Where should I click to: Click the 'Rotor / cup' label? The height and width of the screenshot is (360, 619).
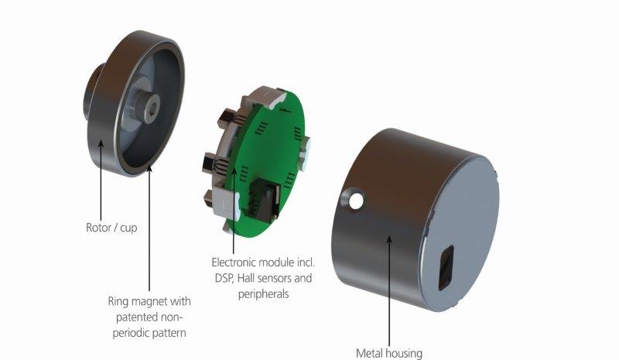tap(111, 228)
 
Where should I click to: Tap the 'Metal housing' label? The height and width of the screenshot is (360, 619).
tap(389, 352)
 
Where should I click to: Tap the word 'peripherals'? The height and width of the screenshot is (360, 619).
tap(263, 294)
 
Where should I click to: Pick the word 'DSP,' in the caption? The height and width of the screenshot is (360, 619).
tap(224, 278)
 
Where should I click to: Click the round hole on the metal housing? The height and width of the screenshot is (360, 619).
tap(356, 201)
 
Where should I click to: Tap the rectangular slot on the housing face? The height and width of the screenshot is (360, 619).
tap(446, 267)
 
